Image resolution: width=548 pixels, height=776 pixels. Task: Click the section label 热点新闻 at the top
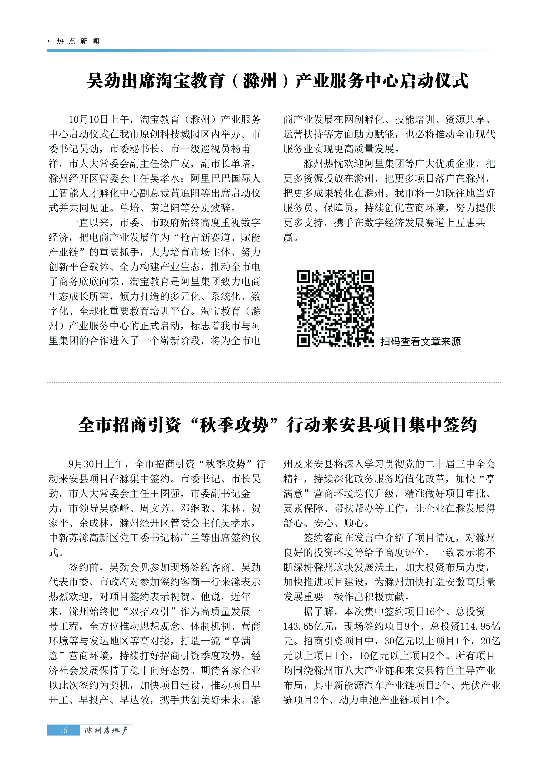(x=78, y=41)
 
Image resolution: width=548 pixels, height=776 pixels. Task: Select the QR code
(x=335, y=309)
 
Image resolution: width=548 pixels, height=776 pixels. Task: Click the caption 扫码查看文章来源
(x=420, y=342)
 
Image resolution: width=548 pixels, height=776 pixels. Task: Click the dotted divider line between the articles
(x=274, y=383)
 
